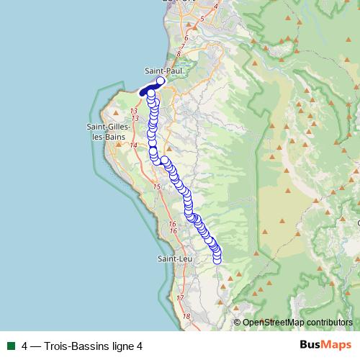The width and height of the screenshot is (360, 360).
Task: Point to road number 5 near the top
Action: [204, 17]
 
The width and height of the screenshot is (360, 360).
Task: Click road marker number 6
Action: [186, 38]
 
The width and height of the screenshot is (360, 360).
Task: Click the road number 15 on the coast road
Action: [156, 186]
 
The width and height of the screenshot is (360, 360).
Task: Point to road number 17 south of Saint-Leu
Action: [180, 297]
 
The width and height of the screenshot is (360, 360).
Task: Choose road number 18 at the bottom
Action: [186, 316]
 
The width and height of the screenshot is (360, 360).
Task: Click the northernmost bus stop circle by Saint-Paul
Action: [161, 81]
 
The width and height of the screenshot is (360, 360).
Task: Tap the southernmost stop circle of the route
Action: [217, 260]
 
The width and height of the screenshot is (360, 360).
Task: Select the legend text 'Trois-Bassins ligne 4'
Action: [93, 346]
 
